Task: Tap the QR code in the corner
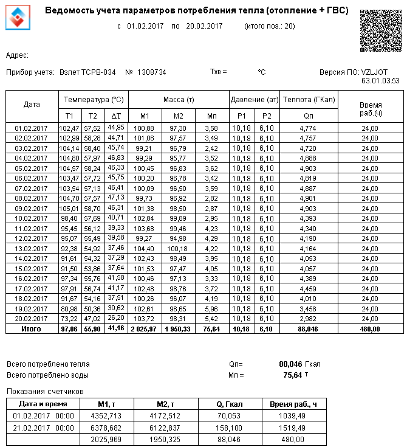[380, 30]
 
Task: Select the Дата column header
[32, 105]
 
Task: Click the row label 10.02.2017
[32, 218]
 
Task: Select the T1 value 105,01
[69, 208]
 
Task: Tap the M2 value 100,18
[178, 249]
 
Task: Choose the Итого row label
[32, 328]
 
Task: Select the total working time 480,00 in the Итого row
[369, 328]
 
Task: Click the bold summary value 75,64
[292, 375]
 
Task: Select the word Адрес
[16, 55]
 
